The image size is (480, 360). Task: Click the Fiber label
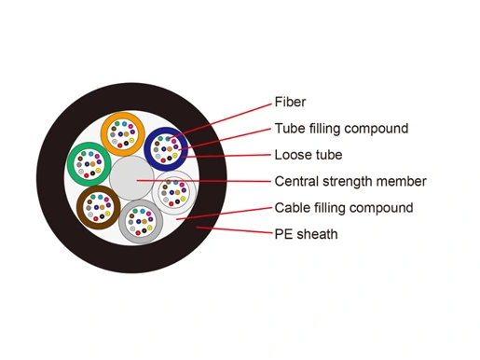(290, 102)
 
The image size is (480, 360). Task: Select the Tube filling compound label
(341, 129)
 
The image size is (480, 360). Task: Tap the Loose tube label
(309, 155)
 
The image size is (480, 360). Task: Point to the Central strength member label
(350, 181)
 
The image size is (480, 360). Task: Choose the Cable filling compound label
(344, 208)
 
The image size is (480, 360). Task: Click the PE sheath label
(306, 234)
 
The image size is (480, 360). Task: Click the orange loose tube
(104, 134)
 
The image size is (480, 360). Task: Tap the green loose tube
(71, 164)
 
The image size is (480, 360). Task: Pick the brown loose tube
(80, 207)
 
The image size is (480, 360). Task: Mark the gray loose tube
(122, 222)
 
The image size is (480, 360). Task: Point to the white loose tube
(156, 192)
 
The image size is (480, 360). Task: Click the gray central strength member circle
(131, 178)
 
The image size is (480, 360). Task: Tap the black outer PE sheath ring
(49, 178)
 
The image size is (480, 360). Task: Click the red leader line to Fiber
(220, 120)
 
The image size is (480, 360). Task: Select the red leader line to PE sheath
(234, 230)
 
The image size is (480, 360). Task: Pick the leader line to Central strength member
(204, 181)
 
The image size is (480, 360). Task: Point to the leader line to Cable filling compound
(224, 214)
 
